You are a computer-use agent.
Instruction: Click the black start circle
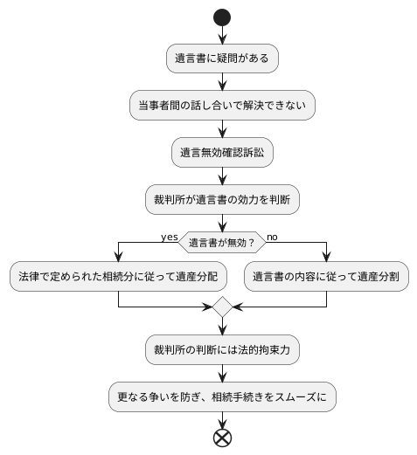(222, 17)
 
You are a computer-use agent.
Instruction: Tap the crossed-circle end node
(222, 436)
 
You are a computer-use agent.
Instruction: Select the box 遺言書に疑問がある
(222, 59)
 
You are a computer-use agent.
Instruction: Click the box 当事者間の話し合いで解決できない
(222, 105)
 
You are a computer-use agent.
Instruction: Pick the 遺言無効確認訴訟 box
(222, 152)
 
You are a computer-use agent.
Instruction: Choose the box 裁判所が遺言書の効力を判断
(222, 199)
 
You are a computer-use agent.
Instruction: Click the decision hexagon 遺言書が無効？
(222, 242)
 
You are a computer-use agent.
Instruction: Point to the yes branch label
(169, 236)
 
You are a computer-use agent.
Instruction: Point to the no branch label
(273, 236)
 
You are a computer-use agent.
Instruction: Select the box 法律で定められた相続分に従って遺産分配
(118, 277)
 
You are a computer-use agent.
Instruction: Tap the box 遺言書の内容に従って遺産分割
(326, 277)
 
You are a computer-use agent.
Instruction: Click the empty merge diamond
(222, 307)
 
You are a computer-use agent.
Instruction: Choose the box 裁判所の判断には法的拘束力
(222, 349)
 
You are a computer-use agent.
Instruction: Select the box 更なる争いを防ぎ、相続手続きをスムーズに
(222, 396)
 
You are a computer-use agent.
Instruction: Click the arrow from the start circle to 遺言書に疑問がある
(222, 35)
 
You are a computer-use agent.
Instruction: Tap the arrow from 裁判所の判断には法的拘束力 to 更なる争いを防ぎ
(222, 373)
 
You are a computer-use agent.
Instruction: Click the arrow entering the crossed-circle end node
(222, 418)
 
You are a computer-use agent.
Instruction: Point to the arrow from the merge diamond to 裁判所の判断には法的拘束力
(222, 327)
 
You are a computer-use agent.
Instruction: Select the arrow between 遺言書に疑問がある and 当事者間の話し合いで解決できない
(222, 81)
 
